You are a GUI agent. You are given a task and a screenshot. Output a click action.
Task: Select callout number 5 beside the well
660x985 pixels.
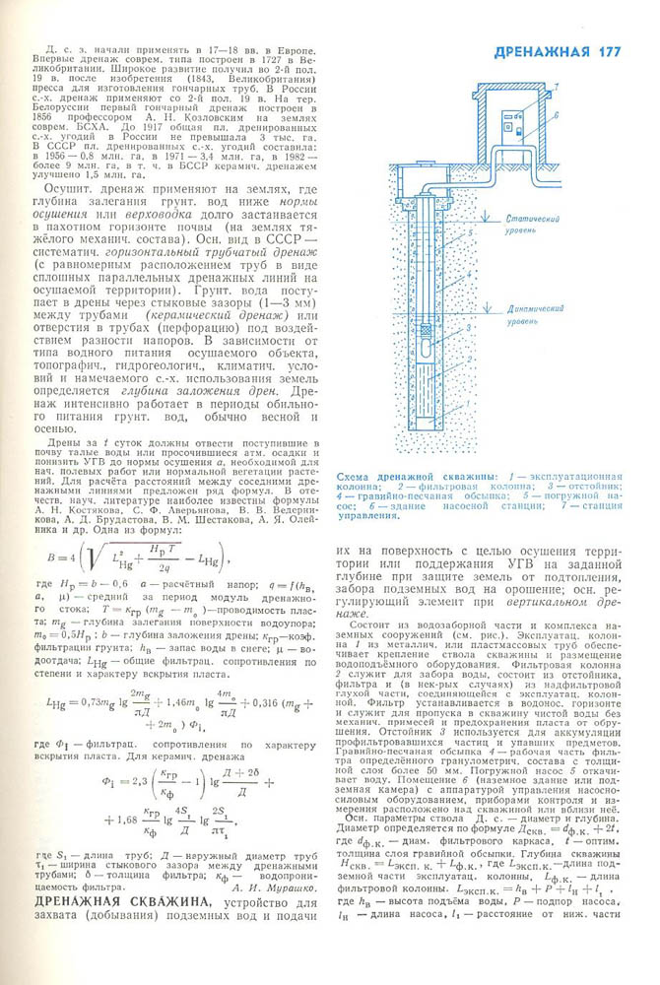coord(471,234)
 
